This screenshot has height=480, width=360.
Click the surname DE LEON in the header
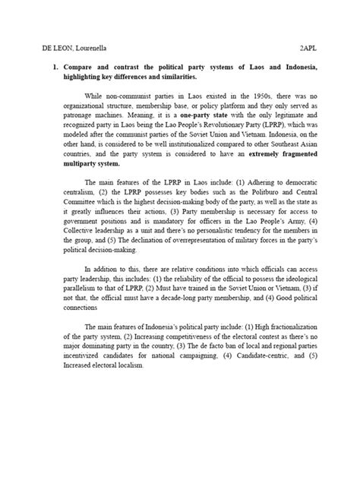point(36,46)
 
